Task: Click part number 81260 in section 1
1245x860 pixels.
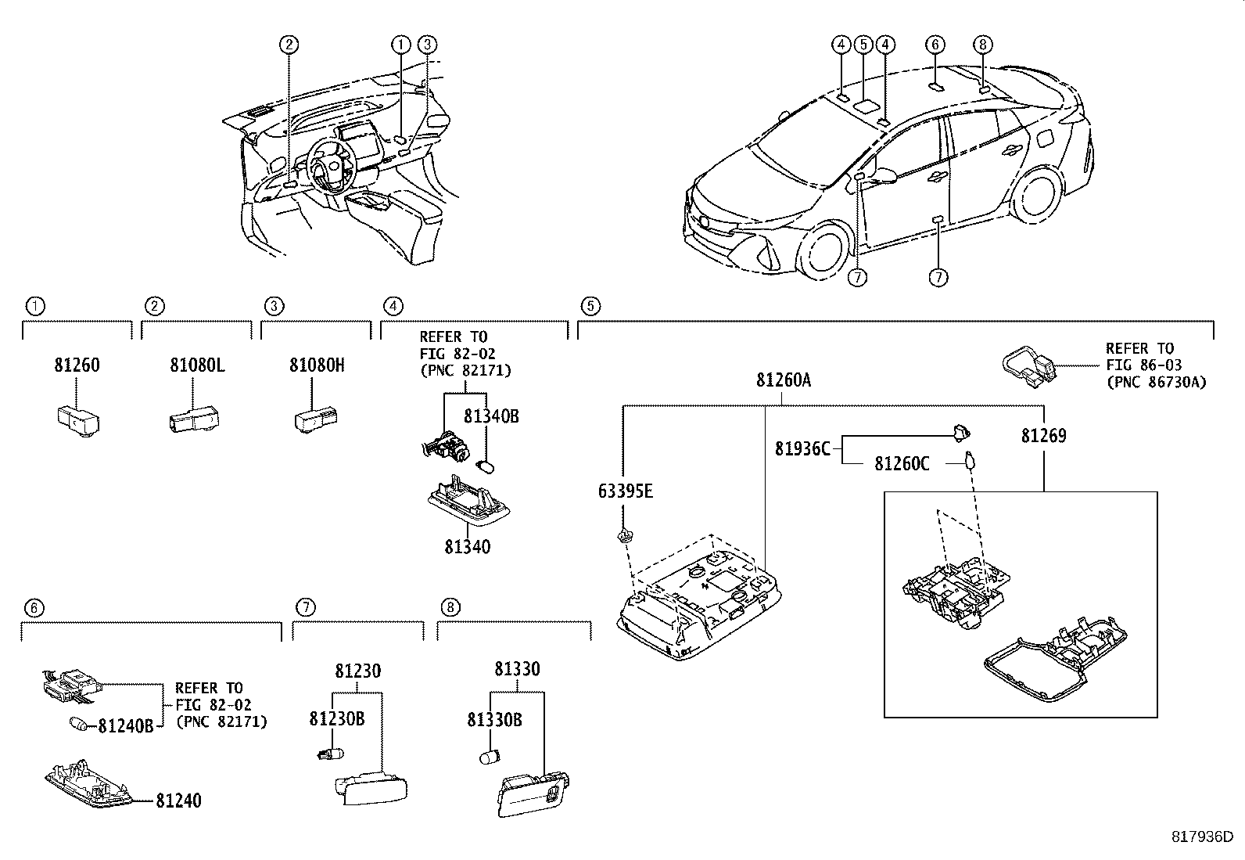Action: tap(77, 365)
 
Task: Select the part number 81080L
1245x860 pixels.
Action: tap(197, 365)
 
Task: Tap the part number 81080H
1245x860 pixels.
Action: tap(317, 365)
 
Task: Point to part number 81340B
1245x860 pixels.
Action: tap(491, 416)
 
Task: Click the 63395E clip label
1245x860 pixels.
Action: tap(625, 491)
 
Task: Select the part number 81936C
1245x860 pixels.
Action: tap(802, 449)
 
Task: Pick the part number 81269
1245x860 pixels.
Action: tap(1043, 436)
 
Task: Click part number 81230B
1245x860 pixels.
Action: tap(336, 719)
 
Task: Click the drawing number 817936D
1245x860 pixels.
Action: tap(1201, 837)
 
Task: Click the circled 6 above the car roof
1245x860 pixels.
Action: tap(935, 45)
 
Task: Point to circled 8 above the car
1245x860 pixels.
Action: tap(984, 45)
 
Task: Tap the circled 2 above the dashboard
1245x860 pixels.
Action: tap(289, 45)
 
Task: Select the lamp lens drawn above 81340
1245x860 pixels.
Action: tap(468, 501)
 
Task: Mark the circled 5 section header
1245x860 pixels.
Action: tap(590, 306)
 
